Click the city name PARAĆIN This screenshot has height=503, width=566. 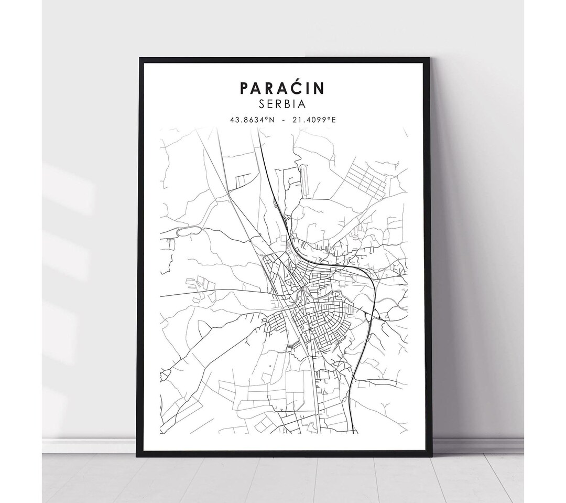[282, 88]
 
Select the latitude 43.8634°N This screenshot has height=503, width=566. [252, 120]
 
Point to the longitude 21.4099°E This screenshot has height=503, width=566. [314, 120]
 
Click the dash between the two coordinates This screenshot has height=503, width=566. [283, 120]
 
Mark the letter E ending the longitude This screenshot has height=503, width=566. [334, 120]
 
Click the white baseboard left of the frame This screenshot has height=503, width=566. [89, 446]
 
